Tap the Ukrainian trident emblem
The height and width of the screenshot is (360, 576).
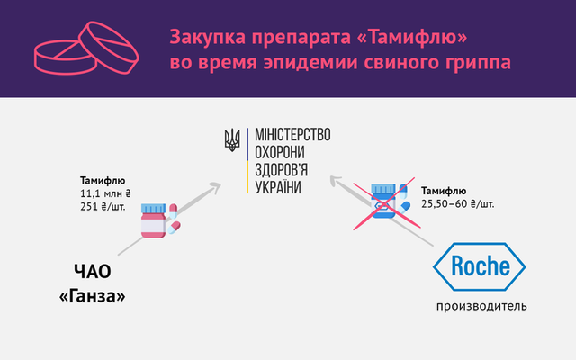pos(232,139)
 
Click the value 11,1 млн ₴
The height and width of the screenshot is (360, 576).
pos(106,192)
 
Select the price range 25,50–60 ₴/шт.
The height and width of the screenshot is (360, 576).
pos(457,203)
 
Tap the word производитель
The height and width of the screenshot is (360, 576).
pos(476,306)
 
